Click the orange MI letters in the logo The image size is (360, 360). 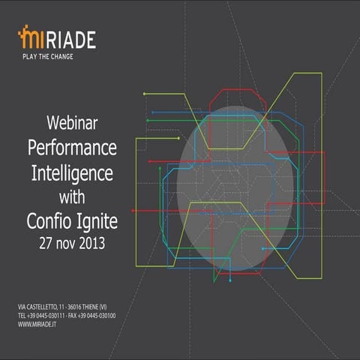pyautogui.click(x=30, y=37)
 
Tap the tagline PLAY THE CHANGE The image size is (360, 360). pyautogui.click(x=46, y=55)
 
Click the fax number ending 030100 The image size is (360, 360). pyautogui.click(x=109, y=316)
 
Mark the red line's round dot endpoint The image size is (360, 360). pyautogui.click(x=150, y=161)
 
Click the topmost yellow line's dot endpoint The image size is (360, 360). pyautogui.click(x=144, y=94)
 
